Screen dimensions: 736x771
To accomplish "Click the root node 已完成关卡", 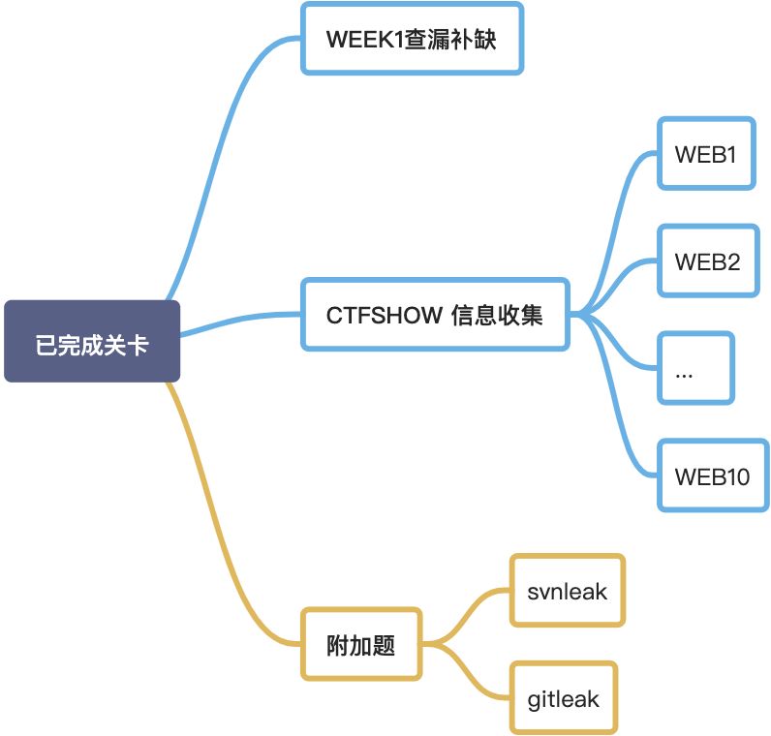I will click(92, 342).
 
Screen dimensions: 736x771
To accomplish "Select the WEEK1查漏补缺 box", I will click(412, 39).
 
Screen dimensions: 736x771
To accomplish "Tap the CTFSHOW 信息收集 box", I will click(435, 314).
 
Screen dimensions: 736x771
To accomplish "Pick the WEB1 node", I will click(706, 153).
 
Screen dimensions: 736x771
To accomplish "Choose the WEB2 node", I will click(706, 261).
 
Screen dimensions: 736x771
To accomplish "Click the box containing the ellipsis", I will click(695, 368).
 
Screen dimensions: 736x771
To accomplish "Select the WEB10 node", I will click(712, 475).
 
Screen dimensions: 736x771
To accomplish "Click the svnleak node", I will click(568, 590).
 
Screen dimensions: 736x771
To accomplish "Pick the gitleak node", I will click(564, 697).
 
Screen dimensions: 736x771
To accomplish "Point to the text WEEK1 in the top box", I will click(363, 40).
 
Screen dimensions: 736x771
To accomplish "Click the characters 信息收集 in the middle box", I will click(498, 315).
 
